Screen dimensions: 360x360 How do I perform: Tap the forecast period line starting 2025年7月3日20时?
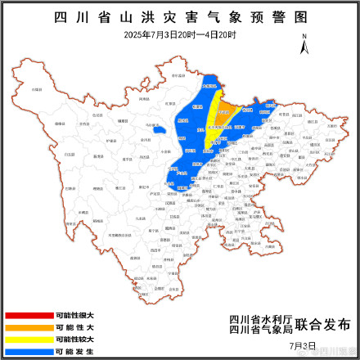[x=179, y=34]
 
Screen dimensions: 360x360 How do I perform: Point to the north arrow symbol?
[x=304, y=45]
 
